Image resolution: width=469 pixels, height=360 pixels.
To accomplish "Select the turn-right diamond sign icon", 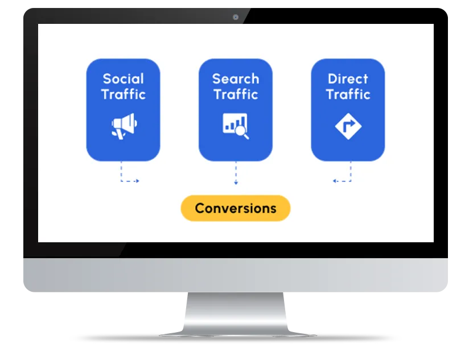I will coord(348,126).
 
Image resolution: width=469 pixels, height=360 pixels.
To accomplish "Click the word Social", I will coord(123,79).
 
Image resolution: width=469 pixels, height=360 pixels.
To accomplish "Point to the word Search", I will coord(236,79).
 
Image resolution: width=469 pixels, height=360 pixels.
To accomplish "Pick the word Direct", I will coord(348,79).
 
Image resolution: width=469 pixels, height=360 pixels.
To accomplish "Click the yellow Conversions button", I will coord(236,208).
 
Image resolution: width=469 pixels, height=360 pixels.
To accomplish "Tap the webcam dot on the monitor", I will coord(236,17).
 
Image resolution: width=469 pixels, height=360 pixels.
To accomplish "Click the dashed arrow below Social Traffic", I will coord(128,176).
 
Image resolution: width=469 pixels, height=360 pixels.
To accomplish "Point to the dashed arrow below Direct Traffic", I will coord(343,176).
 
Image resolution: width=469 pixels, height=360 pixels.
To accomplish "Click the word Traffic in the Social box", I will coord(124,94).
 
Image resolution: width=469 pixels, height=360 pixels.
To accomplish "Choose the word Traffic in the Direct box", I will coord(348,94).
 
